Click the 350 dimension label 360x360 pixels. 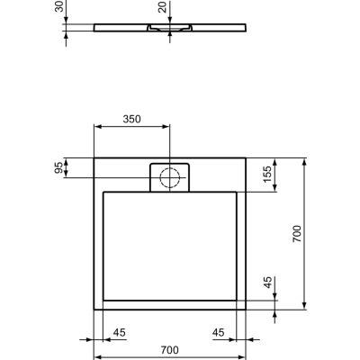click(x=131, y=118)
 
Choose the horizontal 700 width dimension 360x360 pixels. click(x=170, y=350)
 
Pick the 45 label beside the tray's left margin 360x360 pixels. click(x=118, y=332)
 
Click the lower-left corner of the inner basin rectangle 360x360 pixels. click(x=104, y=299)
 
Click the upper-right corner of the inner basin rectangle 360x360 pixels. click(x=238, y=191)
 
